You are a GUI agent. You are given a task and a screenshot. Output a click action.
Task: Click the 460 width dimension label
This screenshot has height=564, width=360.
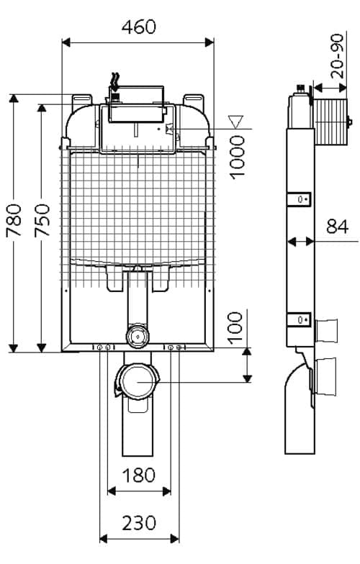(139, 27)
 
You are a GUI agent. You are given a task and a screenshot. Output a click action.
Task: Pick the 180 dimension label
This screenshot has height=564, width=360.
(139, 476)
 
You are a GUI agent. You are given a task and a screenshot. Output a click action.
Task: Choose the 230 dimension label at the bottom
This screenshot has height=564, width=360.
(139, 523)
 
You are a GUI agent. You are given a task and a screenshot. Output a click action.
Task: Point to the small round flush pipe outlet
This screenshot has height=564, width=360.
(136, 336)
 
